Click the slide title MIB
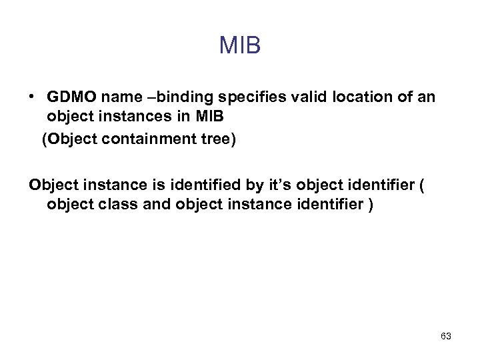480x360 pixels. [x=240, y=46]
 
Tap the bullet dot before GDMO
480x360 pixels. [x=32, y=97]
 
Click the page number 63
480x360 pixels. [x=446, y=336]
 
